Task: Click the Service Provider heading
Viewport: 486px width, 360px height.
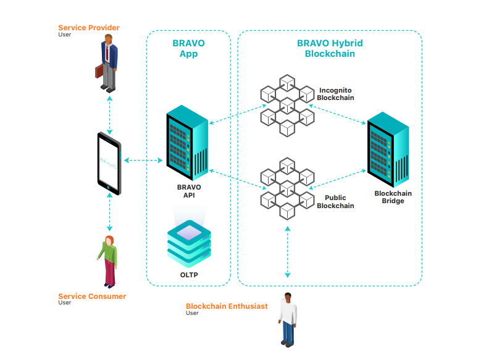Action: click(x=88, y=28)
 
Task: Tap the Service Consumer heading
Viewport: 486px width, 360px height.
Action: click(x=91, y=296)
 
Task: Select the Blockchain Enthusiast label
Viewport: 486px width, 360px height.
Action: click(x=227, y=306)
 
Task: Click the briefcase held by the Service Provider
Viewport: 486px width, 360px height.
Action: click(x=99, y=71)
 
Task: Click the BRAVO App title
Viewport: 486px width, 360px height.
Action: click(x=188, y=49)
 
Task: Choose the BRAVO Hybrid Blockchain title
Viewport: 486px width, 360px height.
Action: click(x=330, y=49)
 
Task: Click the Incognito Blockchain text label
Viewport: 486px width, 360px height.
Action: click(x=335, y=94)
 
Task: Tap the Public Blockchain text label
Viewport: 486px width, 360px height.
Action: click(x=335, y=202)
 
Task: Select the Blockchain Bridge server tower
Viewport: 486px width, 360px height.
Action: click(x=388, y=149)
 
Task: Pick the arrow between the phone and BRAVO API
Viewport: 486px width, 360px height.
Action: click(x=143, y=161)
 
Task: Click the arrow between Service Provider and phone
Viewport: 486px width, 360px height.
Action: click(x=109, y=115)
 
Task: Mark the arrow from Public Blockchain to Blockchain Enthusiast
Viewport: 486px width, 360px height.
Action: click(x=287, y=251)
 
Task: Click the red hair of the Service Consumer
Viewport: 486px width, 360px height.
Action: click(x=109, y=240)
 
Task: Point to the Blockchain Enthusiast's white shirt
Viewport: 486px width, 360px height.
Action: click(x=287, y=312)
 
